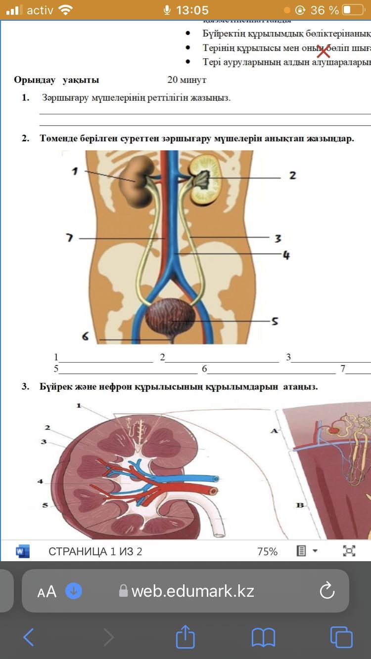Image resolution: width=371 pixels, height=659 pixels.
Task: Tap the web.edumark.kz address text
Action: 193,591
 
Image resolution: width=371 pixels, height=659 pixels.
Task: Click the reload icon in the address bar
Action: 327,591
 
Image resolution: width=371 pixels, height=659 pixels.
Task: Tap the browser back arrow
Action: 29,637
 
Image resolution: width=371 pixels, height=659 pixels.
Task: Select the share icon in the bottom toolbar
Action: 185,637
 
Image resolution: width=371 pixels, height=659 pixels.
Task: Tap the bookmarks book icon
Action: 263,637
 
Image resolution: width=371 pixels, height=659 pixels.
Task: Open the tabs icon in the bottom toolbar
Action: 341,637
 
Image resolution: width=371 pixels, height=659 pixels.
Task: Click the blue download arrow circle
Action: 74,591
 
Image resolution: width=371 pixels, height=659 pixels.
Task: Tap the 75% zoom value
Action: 267,551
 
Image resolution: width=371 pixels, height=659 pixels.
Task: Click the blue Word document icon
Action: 23,551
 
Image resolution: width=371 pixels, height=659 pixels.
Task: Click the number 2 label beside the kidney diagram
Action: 292,175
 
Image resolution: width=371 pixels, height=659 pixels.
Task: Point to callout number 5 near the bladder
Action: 275,321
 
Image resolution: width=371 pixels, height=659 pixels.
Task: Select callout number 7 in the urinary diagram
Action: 69,238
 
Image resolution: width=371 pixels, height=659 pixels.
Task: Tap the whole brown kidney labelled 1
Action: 137,180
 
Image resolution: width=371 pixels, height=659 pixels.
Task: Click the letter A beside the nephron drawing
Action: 274,431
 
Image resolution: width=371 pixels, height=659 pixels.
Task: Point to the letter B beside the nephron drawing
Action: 300,505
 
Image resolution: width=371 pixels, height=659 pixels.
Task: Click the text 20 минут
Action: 186,80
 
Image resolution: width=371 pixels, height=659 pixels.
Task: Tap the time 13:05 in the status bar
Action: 192,10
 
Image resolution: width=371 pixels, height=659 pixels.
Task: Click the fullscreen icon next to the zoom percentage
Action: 349,551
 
